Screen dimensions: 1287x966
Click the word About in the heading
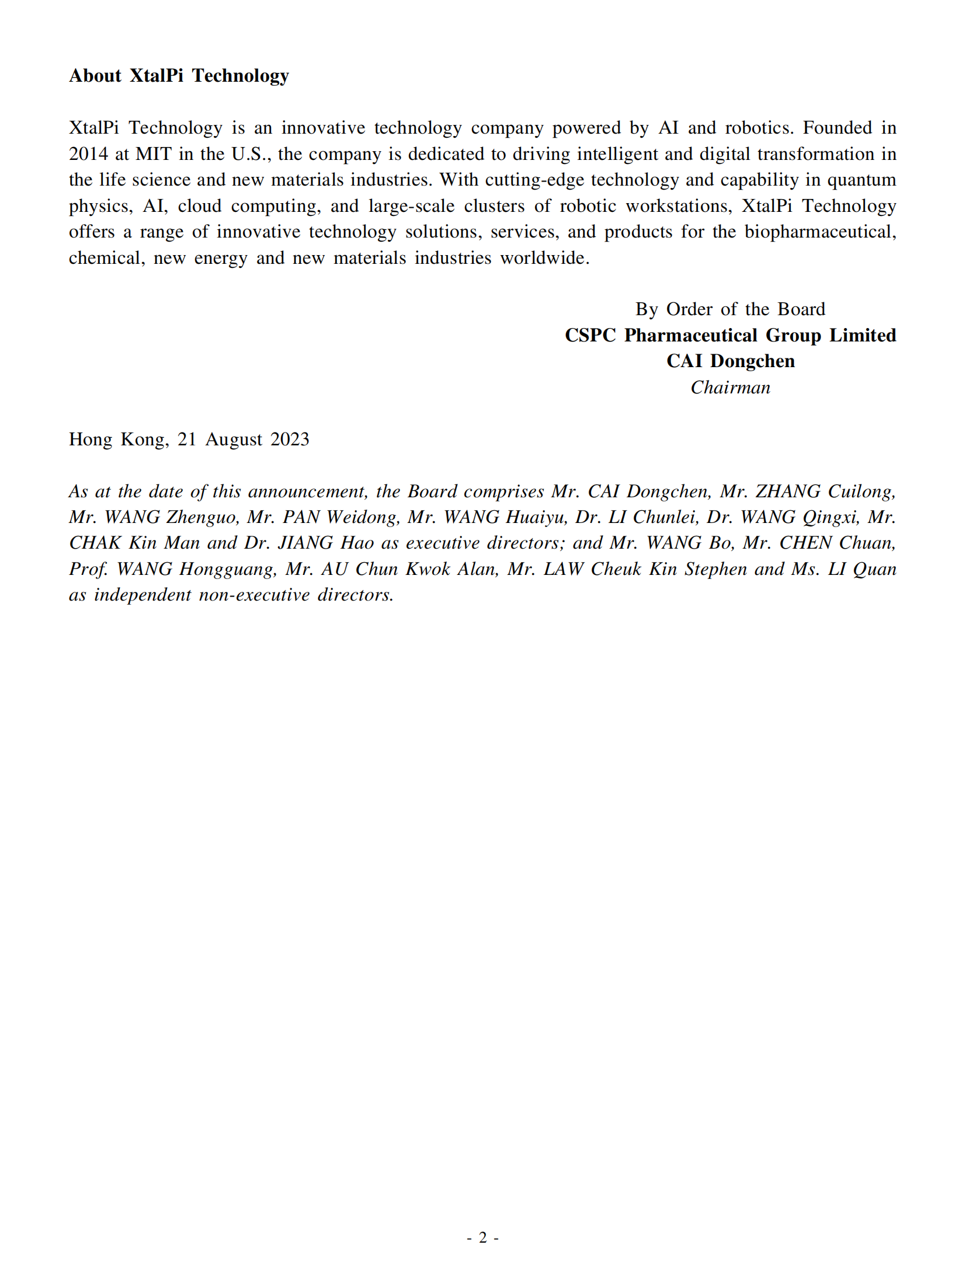click(x=95, y=76)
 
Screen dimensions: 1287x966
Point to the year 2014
click(x=88, y=154)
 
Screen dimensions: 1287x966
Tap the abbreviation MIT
click(x=154, y=154)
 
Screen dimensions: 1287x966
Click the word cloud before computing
click(x=200, y=206)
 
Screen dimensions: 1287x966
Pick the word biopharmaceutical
click(x=819, y=232)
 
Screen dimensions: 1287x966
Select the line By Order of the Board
click(x=730, y=309)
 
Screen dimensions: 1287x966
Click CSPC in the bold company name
click(x=590, y=336)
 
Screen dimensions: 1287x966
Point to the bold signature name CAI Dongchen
click(x=730, y=361)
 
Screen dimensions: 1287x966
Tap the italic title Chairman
click(x=730, y=388)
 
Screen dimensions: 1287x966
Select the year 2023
click(x=290, y=440)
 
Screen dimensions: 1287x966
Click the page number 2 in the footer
click(x=482, y=1237)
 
